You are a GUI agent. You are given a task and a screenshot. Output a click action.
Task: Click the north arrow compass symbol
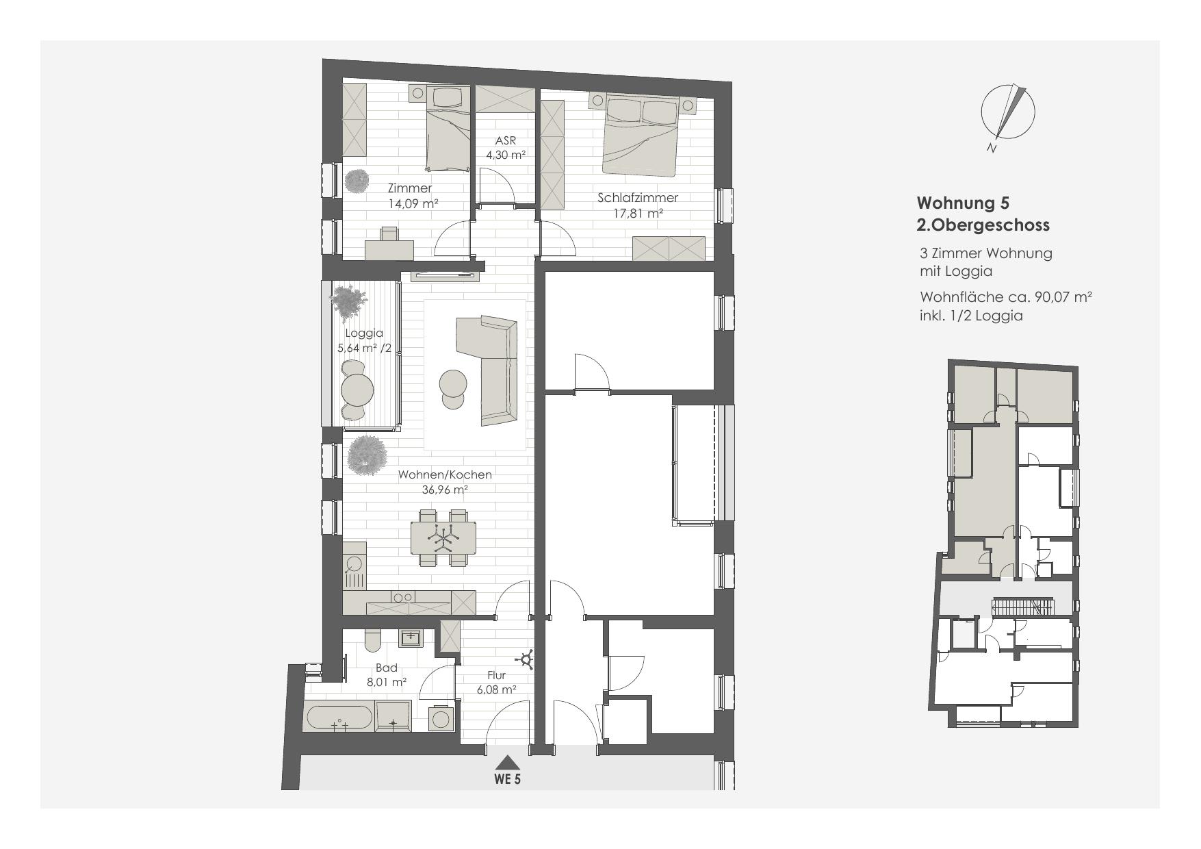click(x=1007, y=112)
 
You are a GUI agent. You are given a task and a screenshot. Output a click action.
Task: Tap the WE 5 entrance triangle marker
click(x=507, y=762)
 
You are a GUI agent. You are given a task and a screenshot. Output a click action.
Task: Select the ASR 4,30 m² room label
click(x=506, y=148)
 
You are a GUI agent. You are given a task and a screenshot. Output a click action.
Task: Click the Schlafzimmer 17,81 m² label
click(x=637, y=205)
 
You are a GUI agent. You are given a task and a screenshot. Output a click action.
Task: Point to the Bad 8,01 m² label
click(x=387, y=675)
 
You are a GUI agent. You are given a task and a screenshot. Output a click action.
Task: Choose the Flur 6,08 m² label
click(x=496, y=683)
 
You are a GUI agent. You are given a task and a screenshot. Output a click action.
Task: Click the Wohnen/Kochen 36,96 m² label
click(x=445, y=481)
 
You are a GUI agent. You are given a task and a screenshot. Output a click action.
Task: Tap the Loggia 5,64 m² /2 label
click(x=364, y=340)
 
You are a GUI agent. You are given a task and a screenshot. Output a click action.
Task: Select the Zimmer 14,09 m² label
click(x=410, y=195)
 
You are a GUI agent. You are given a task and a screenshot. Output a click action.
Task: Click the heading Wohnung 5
click(x=962, y=203)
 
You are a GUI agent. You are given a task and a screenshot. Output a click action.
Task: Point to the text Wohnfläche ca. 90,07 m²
click(x=1005, y=298)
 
